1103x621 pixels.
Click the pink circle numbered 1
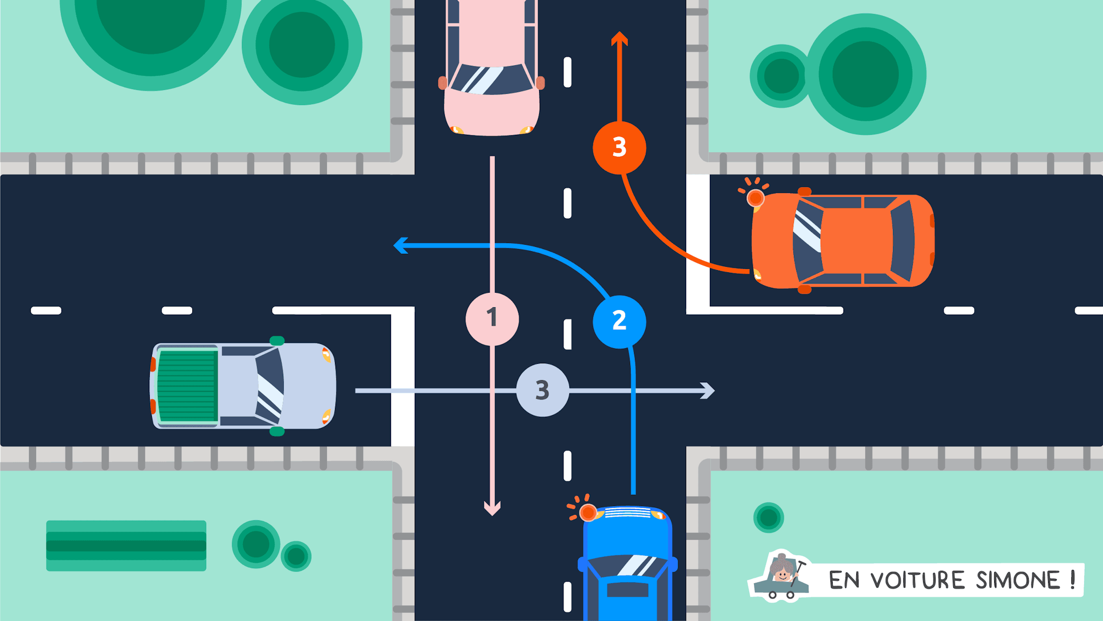[x=492, y=319]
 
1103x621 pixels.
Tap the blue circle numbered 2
[x=619, y=321]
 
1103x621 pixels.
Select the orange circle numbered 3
[x=619, y=147]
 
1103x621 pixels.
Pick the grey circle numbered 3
[x=542, y=390]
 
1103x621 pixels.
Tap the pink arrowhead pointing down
[x=492, y=508]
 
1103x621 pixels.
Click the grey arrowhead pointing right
[x=708, y=390]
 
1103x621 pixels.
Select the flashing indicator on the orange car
[x=755, y=198]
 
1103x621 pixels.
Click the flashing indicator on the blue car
[x=588, y=512]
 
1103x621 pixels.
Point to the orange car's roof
[x=856, y=240]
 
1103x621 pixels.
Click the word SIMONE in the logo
[x=1018, y=581]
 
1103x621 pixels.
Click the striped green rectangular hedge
[x=126, y=546]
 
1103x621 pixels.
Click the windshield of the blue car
[x=628, y=567]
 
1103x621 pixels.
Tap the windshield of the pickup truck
[x=270, y=385]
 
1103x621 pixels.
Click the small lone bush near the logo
[x=769, y=517]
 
